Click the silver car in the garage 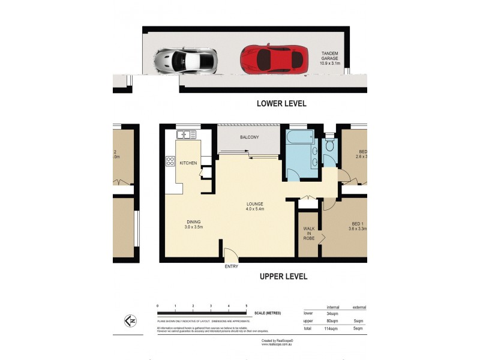tap(185, 60)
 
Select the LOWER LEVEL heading tap(281, 103)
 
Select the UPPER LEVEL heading tap(283, 277)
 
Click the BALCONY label tap(249, 137)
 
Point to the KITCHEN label tap(188, 163)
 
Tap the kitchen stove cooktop tap(170, 161)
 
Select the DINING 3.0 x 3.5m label tap(193, 224)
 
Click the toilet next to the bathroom tap(329, 146)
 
